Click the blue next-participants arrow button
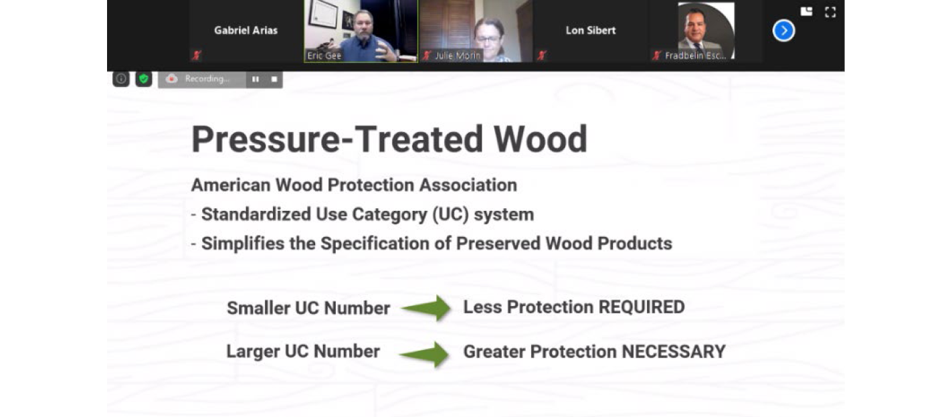(783, 31)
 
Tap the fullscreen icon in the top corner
(830, 12)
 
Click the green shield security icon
(144, 78)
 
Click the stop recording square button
(274, 79)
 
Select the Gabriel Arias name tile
(246, 31)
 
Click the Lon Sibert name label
(590, 30)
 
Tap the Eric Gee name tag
(324, 56)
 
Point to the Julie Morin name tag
(458, 56)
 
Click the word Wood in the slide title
(540, 139)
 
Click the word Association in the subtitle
(468, 185)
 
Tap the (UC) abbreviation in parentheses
(450, 214)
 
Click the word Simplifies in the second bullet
(243, 244)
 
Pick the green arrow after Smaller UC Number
(426, 308)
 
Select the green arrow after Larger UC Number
(423, 353)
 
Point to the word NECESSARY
(674, 351)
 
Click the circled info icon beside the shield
(121, 78)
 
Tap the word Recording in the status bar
(207, 78)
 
